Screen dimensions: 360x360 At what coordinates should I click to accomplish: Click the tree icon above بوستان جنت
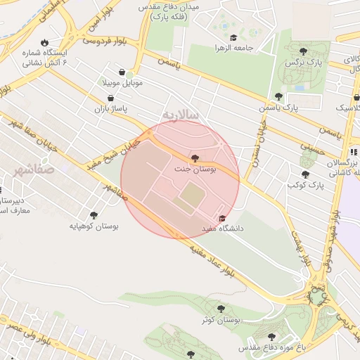[x=195, y=158]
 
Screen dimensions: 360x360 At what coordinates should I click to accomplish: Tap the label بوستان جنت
[x=195, y=169]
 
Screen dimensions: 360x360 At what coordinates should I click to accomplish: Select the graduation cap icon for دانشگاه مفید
[x=223, y=218]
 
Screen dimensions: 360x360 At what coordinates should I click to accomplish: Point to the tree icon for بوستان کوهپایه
[x=94, y=215]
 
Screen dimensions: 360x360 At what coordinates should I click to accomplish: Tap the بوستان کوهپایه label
[x=94, y=226]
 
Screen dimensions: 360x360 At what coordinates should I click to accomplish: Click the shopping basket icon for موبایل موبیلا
[x=123, y=72]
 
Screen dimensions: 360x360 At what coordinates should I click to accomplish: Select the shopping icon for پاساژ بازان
[x=112, y=99]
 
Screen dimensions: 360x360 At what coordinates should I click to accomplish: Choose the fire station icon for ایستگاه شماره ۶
[x=46, y=42]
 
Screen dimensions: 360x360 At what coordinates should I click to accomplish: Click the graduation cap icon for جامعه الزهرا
[x=233, y=38]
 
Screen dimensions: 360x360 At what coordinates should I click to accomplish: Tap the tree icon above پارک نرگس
[x=303, y=51]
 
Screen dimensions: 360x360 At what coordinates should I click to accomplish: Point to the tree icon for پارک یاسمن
[x=278, y=96]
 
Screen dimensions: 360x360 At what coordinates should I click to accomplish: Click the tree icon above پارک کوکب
[x=305, y=174]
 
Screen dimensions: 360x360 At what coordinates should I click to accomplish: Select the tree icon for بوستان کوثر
[x=221, y=308]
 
